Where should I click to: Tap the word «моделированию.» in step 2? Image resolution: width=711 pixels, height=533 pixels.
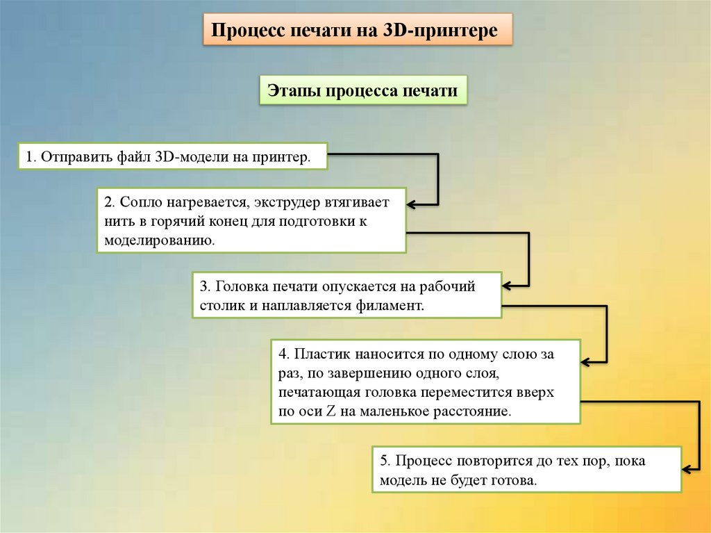click(159, 241)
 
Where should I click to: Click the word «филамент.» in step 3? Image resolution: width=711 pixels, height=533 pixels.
click(391, 305)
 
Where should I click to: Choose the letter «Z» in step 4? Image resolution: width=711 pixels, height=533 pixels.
click(330, 411)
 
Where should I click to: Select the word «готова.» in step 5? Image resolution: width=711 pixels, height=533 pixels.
click(515, 480)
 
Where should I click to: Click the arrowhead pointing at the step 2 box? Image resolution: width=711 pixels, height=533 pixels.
click(411, 204)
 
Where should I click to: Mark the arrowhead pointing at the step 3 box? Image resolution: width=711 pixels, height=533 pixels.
click(506, 285)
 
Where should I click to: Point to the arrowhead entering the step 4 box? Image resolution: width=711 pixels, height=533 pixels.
click(585, 362)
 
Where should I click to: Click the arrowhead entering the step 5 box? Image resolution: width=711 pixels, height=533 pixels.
click(686, 468)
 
